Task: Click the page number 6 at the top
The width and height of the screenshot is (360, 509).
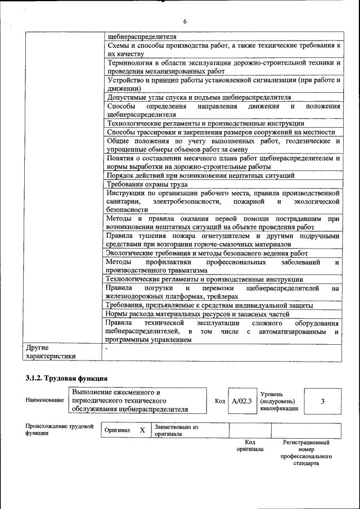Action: (x=184, y=21)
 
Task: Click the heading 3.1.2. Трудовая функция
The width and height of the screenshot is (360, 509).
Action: (x=66, y=377)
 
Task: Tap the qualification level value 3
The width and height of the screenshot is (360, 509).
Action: (x=322, y=401)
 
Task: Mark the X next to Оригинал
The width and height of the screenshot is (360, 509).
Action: (x=142, y=430)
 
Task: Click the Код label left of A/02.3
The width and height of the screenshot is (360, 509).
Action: (x=220, y=401)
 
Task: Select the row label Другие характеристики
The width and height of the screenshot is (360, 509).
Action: (x=51, y=352)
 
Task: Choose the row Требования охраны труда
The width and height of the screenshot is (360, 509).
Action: (x=147, y=184)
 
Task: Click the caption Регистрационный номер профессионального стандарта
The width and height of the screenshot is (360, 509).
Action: (x=305, y=453)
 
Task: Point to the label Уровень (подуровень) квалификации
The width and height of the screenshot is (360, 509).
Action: (x=279, y=402)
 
